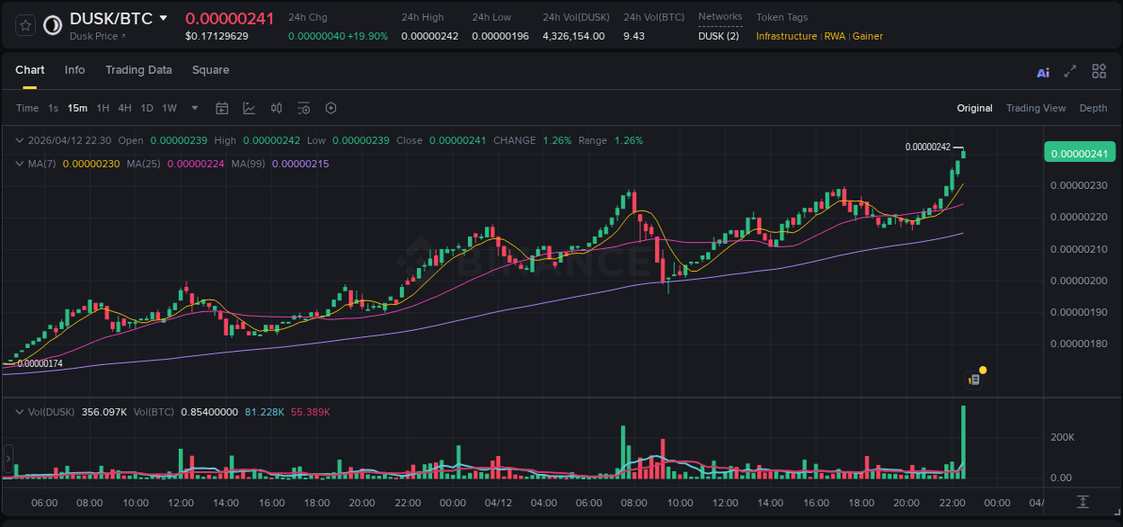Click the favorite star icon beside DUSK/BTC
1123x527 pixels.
(25, 25)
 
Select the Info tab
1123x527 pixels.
(75, 70)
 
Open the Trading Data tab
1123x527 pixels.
(138, 70)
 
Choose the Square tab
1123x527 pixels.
(210, 70)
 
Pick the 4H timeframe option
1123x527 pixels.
(125, 108)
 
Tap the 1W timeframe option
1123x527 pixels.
(169, 108)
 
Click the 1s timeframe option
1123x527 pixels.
(53, 108)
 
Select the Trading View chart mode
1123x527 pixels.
(1036, 108)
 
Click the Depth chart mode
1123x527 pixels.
(1093, 108)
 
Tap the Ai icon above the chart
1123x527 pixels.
(1043, 72)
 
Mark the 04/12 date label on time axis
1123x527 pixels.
(498, 503)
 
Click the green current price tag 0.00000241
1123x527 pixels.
(1078, 154)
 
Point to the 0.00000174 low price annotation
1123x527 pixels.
(40, 363)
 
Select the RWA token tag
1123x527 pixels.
(835, 36)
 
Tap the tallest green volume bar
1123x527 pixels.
(963, 441)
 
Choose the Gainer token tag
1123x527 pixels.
(868, 36)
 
